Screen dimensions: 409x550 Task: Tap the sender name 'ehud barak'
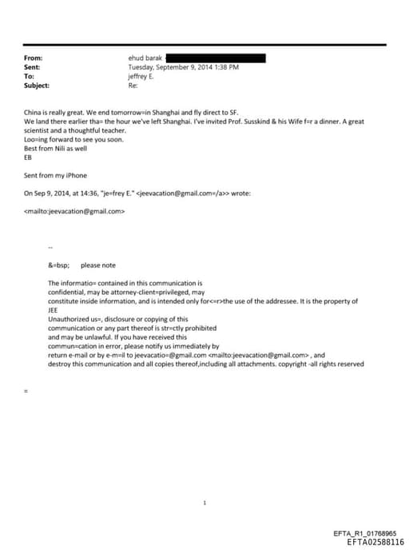click(145, 58)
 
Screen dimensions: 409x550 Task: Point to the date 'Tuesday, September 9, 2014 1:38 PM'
click(183, 67)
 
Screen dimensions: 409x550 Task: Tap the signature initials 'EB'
click(29, 157)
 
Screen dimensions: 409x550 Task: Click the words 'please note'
click(98, 265)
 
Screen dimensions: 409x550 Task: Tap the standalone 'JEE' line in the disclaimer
click(54, 310)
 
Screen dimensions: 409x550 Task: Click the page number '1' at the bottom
click(205, 503)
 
